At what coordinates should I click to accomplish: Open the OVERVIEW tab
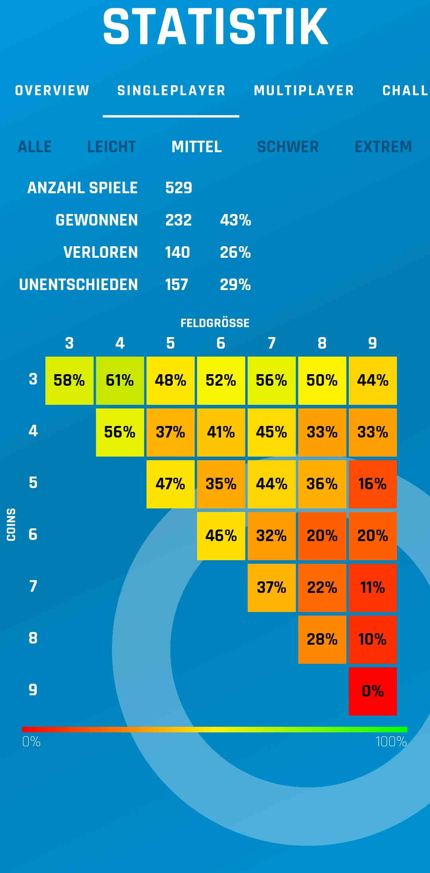tap(52, 90)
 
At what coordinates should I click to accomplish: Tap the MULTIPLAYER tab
tap(304, 90)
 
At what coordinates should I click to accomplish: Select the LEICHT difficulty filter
tap(111, 147)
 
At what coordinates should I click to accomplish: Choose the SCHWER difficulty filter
tap(288, 147)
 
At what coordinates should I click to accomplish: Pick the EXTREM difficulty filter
tap(383, 147)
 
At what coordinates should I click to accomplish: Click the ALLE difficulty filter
tap(35, 147)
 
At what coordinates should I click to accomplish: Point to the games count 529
tap(179, 188)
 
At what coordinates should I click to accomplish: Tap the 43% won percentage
tap(235, 220)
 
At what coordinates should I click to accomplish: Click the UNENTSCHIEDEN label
tap(78, 284)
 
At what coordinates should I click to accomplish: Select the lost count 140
tap(178, 252)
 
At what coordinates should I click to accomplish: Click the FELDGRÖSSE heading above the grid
tap(215, 323)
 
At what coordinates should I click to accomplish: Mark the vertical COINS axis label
tap(11, 524)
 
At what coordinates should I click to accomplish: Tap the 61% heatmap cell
tap(120, 381)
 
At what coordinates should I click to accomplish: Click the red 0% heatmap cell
tap(373, 691)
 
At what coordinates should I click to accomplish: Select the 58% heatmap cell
tap(69, 381)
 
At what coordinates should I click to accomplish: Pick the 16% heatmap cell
tap(373, 484)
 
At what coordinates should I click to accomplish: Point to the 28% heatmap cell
tap(322, 640)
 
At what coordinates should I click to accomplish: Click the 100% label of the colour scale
tap(391, 742)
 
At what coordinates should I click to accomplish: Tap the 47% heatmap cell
tap(170, 484)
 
